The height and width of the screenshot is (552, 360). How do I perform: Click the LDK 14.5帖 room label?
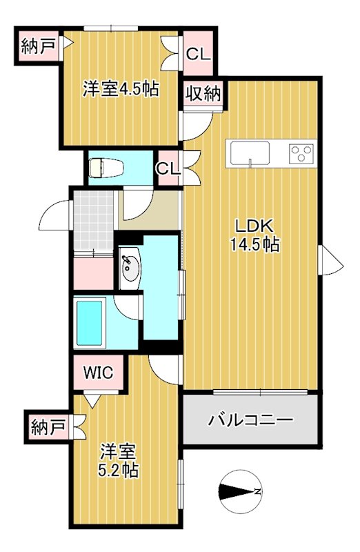256,235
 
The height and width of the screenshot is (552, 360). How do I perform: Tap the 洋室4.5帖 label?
121,89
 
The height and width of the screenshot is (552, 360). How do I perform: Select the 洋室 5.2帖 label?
120,462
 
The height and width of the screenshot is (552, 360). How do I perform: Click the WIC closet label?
99,373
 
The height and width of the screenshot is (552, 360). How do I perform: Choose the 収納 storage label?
202,94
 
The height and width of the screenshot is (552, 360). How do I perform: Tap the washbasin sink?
130,268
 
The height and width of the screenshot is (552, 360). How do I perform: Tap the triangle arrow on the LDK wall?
330,261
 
